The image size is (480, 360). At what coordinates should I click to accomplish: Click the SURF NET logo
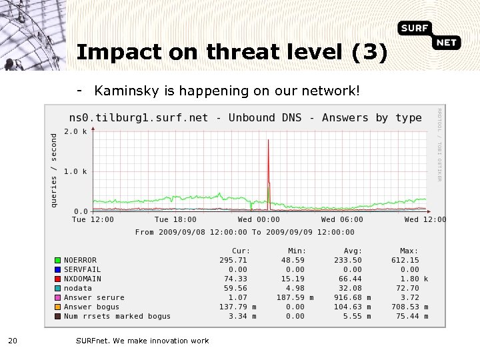[x=430, y=35]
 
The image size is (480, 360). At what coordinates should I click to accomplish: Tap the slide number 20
[x=12, y=341]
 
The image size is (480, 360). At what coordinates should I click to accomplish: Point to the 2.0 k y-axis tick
[x=75, y=131]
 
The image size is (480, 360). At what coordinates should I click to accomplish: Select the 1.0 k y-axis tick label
[x=75, y=171]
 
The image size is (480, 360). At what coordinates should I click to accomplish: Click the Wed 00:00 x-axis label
[x=259, y=219]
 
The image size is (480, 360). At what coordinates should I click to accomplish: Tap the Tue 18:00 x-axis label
[x=175, y=219]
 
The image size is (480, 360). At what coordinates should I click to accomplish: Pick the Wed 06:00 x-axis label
[x=342, y=219]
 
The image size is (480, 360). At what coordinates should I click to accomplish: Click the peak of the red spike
[x=268, y=140]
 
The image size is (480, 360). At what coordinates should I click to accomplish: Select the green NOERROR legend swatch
[x=58, y=260]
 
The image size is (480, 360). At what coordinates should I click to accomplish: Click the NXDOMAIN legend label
[x=83, y=279]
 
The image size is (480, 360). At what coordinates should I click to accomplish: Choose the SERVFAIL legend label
[x=83, y=269]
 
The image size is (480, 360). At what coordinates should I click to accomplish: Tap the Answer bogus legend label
[x=91, y=307]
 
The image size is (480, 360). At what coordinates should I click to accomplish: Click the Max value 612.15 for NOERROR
[x=405, y=260]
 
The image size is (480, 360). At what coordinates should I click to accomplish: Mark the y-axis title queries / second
[x=55, y=168]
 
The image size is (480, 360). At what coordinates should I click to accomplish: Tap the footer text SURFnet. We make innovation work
[x=142, y=341]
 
